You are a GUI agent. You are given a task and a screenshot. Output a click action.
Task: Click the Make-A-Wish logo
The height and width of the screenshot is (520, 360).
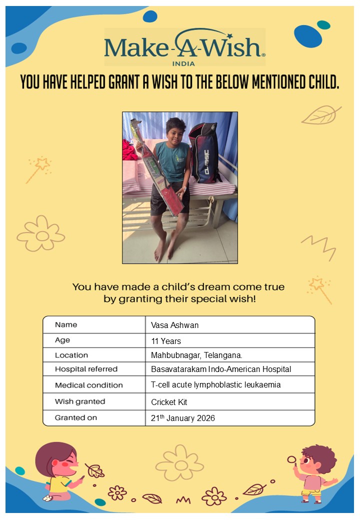[x=184, y=46]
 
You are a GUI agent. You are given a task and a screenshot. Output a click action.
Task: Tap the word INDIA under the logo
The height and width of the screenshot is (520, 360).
[x=183, y=63]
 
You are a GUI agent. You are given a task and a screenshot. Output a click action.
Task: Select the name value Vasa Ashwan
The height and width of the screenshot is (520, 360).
[x=174, y=325]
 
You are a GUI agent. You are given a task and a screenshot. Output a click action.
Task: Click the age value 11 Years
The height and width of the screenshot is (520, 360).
[x=166, y=341]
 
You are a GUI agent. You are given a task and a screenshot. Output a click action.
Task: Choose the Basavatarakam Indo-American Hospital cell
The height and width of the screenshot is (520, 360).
[x=220, y=369]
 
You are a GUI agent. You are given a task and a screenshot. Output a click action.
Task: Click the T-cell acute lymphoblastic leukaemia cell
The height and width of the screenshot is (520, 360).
[x=215, y=384]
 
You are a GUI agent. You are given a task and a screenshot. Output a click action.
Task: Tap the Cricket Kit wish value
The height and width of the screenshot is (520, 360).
[x=169, y=402]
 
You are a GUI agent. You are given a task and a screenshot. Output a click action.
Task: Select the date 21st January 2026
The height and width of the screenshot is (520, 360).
[x=182, y=418]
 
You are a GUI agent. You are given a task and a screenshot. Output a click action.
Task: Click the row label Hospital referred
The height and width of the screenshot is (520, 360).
[x=86, y=369]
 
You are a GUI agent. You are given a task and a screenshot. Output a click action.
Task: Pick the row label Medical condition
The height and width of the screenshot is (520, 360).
[x=88, y=385]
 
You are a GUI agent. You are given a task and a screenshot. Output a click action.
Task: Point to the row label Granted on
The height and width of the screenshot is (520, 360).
[x=76, y=417]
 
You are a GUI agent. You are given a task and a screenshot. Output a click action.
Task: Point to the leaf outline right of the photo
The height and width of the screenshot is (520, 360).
[x=320, y=115]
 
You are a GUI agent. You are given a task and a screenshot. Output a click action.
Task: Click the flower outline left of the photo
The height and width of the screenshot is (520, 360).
[x=41, y=233]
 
